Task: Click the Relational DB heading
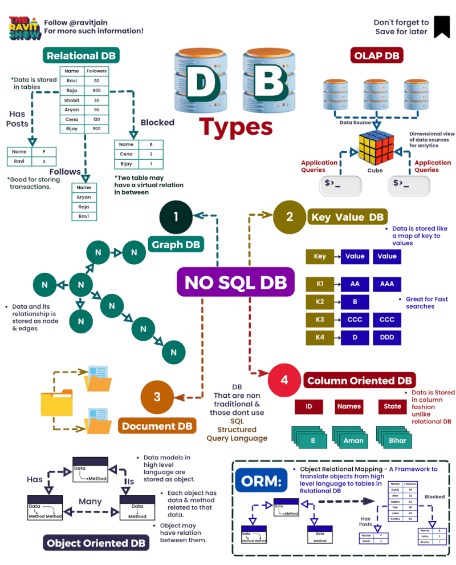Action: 80,56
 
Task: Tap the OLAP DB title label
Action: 376,56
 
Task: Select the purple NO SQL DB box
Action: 235,282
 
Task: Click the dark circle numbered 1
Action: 176,216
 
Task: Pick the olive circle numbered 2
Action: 290,217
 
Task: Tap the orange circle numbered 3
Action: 157,398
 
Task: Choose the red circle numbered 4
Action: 284,380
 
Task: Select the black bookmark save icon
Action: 442,27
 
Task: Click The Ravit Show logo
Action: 25,27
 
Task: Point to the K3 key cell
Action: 320,320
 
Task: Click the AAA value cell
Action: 386,284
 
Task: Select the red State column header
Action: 392,406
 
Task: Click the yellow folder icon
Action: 56,403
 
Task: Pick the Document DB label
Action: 157,426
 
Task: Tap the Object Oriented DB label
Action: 96,542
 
